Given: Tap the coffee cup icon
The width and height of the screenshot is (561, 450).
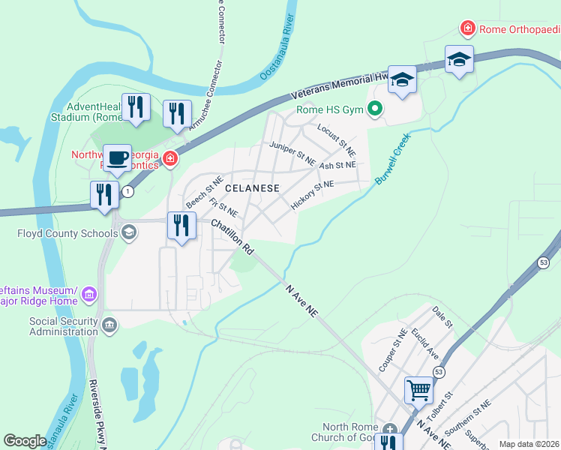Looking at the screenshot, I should click(117, 158).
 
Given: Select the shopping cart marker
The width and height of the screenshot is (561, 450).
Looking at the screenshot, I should click(418, 389).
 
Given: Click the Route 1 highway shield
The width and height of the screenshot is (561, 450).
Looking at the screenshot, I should click(129, 192).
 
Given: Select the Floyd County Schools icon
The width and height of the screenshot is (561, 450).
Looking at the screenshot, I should click(129, 233).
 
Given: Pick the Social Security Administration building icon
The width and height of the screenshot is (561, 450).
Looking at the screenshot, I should click(109, 325).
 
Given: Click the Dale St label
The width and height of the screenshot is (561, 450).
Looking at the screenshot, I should click(442, 317).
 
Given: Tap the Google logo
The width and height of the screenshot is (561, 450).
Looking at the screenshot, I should click(25, 441).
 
